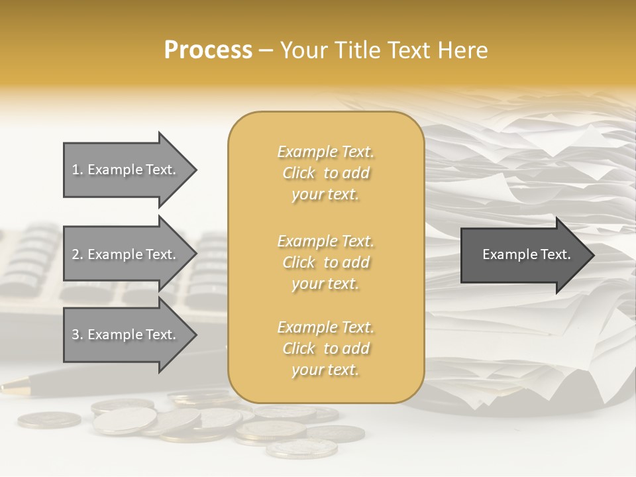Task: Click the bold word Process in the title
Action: coord(208,50)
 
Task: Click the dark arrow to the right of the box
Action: coord(523,254)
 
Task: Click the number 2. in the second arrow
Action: coord(77,254)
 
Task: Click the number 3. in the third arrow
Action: coord(77,335)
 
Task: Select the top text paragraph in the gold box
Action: coord(325,173)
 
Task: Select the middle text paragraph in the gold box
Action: coord(325,262)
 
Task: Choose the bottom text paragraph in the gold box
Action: coord(325,348)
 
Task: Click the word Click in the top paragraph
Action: coord(299,173)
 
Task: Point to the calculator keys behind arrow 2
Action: coord(33,258)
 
